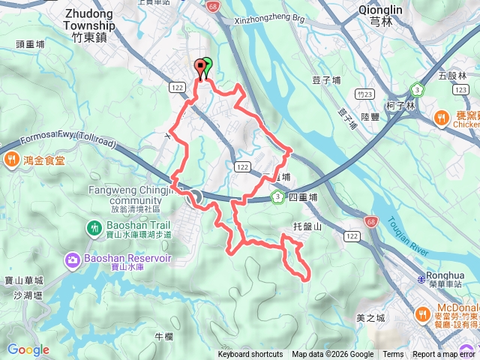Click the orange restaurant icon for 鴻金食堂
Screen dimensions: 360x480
[11, 159]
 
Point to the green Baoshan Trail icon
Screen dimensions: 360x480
[94, 226]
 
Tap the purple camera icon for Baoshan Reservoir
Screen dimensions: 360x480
[72, 259]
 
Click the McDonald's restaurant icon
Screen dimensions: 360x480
[424, 313]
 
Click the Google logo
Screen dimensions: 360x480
[28, 349]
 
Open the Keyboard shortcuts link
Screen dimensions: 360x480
[250, 355]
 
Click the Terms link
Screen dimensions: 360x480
[393, 355]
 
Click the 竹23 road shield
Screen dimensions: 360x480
[365, 94]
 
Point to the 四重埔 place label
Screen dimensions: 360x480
[304, 197]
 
